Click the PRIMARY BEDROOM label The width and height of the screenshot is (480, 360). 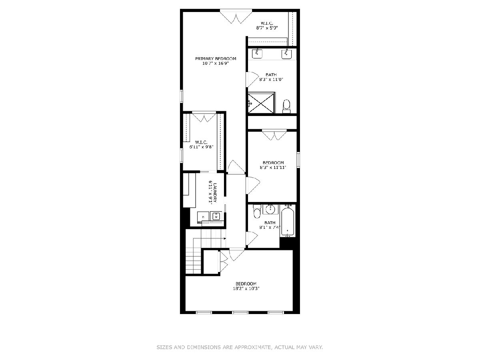(x=215, y=58)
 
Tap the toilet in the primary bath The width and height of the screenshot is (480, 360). (x=286, y=106)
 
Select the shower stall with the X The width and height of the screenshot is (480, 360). (x=261, y=103)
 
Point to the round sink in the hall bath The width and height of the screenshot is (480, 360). (x=271, y=210)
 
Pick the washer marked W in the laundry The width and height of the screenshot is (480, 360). (x=216, y=216)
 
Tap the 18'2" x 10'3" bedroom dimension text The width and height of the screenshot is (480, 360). (x=246, y=288)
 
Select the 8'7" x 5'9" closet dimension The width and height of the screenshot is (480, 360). (x=267, y=28)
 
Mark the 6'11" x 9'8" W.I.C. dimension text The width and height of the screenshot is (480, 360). (x=201, y=147)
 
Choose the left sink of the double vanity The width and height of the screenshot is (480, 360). (x=257, y=54)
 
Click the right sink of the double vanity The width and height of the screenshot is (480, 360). (x=286, y=54)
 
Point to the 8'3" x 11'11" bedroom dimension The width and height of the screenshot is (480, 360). (x=273, y=168)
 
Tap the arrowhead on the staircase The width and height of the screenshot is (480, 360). (x=225, y=238)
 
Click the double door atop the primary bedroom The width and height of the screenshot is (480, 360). (x=236, y=16)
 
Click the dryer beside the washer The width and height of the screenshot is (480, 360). (x=203, y=217)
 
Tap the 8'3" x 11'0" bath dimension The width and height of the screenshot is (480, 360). (x=271, y=79)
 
